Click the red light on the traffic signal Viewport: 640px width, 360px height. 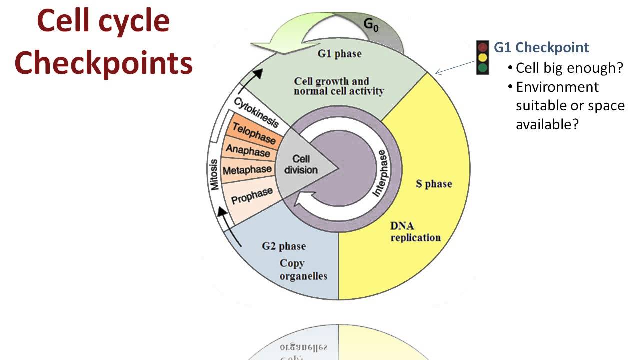click(x=482, y=48)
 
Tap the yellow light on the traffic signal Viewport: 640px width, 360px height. click(x=482, y=58)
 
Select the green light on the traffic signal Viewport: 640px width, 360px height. click(x=482, y=67)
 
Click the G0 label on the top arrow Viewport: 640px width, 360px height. click(x=371, y=25)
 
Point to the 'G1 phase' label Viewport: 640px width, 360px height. click(x=339, y=54)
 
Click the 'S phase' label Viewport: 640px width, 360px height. click(x=434, y=184)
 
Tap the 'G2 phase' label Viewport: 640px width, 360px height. click(x=284, y=246)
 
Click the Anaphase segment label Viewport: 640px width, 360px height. click(x=248, y=150)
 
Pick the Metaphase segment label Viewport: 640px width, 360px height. click(x=247, y=170)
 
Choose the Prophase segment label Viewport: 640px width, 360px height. click(x=252, y=195)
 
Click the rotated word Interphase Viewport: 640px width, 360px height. click(x=381, y=172)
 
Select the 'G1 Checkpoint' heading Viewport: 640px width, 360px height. click(x=541, y=48)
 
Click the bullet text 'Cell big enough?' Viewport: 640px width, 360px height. click(x=569, y=68)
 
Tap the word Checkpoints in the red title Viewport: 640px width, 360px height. click(x=103, y=64)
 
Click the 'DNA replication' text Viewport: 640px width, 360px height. click(x=415, y=232)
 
